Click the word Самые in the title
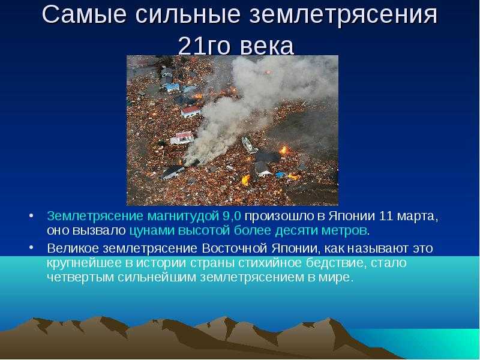pyautogui.click(x=84, y=14)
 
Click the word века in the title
pyautogui.click(x=266, y=47)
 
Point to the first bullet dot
pyautogui.click(x=31, y=216)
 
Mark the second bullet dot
pyautogui.click(x=31, y=247)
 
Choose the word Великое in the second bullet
pyautogui.click(x=73, y=248)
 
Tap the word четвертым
pyautogui.click(x=80, y=278)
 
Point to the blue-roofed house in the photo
pyautogui.click(x=173, y=88)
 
